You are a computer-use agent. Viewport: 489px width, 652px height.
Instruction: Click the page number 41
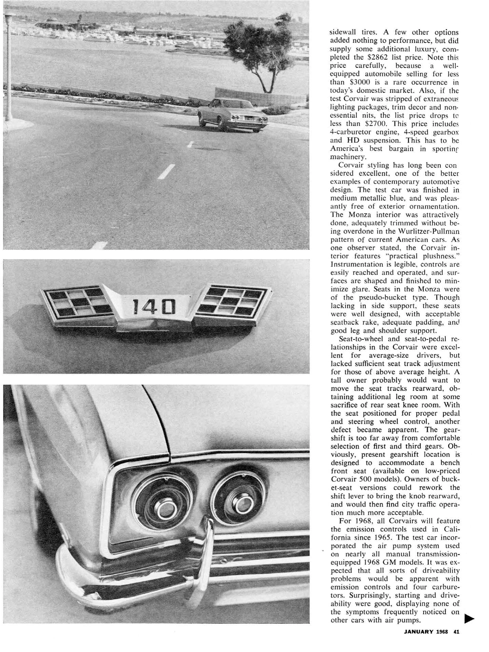coord(456,632)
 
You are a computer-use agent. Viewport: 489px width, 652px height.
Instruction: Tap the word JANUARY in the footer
coord(419,632)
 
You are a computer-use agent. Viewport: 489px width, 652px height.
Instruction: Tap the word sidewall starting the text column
coord(343,32)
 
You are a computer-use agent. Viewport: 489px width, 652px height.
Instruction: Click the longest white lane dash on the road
coord(167,171)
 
